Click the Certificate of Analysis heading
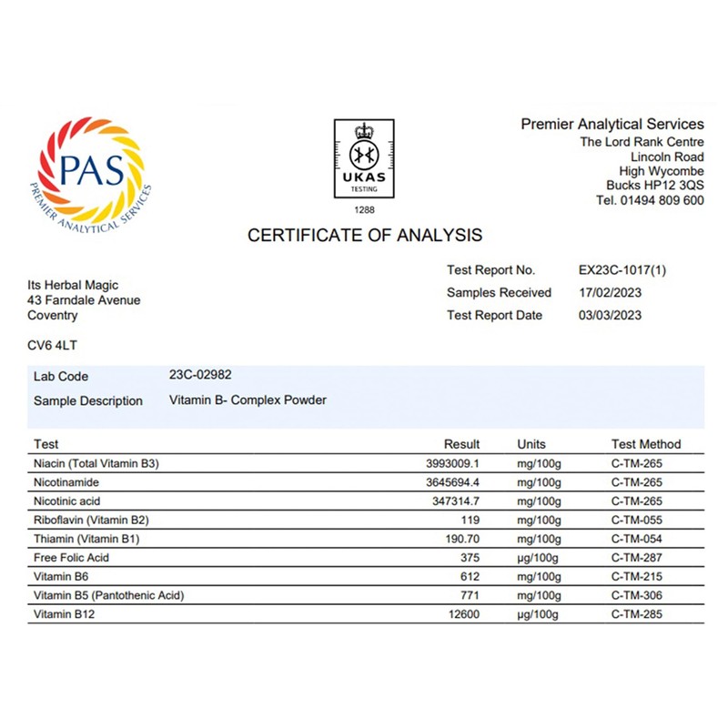[365, 236]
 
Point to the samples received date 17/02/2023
[610, 293]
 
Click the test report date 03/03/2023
[610, 316]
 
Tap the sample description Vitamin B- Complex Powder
[248, 399]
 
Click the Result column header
[461, 444]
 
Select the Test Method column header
[645, 444]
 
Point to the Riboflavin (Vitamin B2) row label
[90, 521]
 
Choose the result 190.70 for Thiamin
[460, 539]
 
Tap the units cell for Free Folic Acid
[539, 558]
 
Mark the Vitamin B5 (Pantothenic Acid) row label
[108, 595]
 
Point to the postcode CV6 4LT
[54, 346]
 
